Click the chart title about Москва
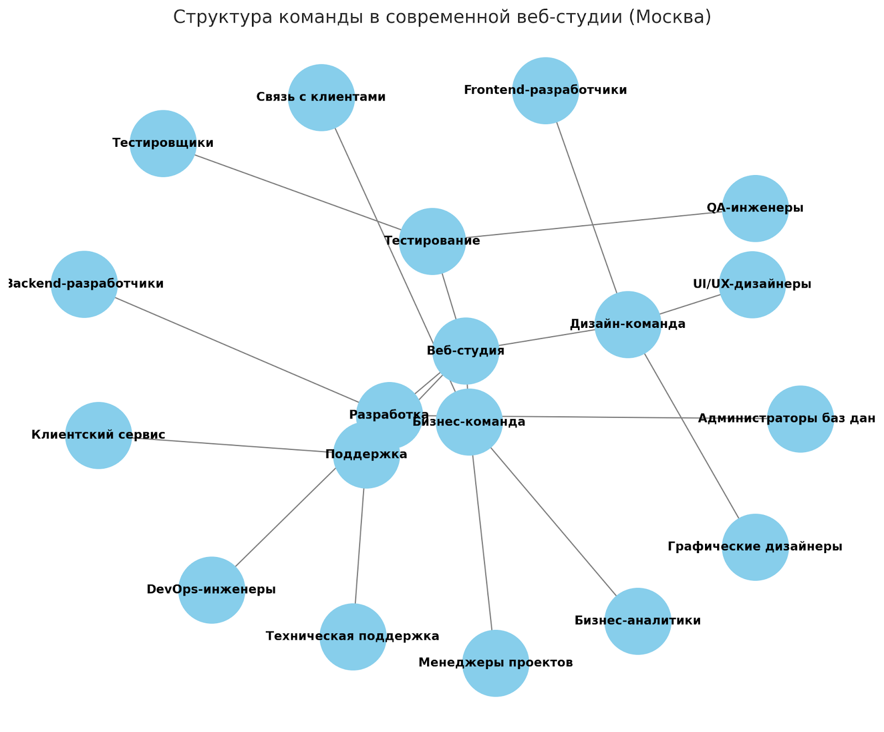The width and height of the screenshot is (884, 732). click(442, 17)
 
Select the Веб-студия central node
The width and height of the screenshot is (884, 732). click(466, 351)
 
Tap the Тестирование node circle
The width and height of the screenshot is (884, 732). click(432, 241)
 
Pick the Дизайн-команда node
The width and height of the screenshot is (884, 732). click(628, 325)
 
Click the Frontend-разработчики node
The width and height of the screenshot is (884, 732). click(545, 91)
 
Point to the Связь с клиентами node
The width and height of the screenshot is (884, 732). click(321, 98)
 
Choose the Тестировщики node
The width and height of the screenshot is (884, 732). click(163, 144)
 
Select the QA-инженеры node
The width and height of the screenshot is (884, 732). click(755, 209)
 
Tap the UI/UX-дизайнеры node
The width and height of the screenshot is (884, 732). click(752, 285)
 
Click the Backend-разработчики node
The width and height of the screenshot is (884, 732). click(84, 284)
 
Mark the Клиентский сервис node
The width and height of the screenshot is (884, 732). click(98, 436)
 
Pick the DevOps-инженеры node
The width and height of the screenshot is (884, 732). click(212, 590)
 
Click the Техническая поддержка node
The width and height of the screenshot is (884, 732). click(352, 636)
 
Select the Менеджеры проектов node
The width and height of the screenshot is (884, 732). click(496, 663)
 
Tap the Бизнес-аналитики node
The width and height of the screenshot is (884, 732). click(638, 621)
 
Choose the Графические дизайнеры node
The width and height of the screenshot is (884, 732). click(755, 547)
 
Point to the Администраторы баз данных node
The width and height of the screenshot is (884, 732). click(800, 419)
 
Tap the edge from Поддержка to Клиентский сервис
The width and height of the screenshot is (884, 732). click(232, 446)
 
